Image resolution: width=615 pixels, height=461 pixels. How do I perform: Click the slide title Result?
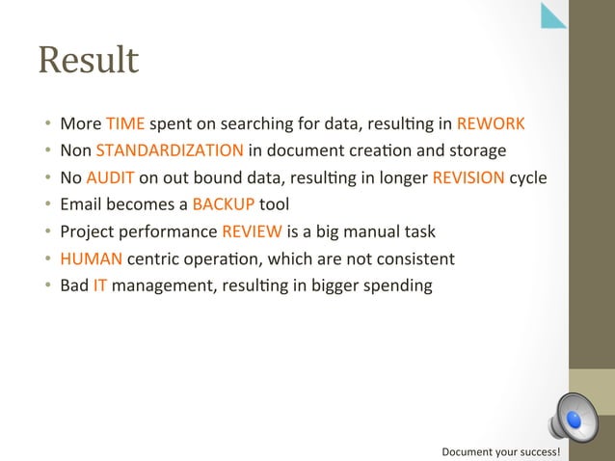pyautogui.click(x=89, y=61)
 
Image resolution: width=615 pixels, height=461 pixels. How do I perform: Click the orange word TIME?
pyautogui.click(x=125, y=123)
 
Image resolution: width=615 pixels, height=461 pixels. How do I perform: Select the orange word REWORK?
pyautogui.click(x=491, y=123)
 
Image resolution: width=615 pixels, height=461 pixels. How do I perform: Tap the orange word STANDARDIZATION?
pyautogui.click(x=170, y=150)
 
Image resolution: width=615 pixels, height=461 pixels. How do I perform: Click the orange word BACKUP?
pyautogui.click(x=224, y=204)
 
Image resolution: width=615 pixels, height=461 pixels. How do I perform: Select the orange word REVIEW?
pyautogui.click(x=253, y=231)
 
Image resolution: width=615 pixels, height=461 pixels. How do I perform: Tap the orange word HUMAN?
pyautogui.click(x=87, y=258)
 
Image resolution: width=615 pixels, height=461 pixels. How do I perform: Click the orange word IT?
pyautogui.click(x=100, y=285)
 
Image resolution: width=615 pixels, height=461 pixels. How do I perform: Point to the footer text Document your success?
pyautogui.click(x=500, y=451)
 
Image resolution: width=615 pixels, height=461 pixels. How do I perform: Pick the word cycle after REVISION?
pyautogui.click(x=527, y=177)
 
